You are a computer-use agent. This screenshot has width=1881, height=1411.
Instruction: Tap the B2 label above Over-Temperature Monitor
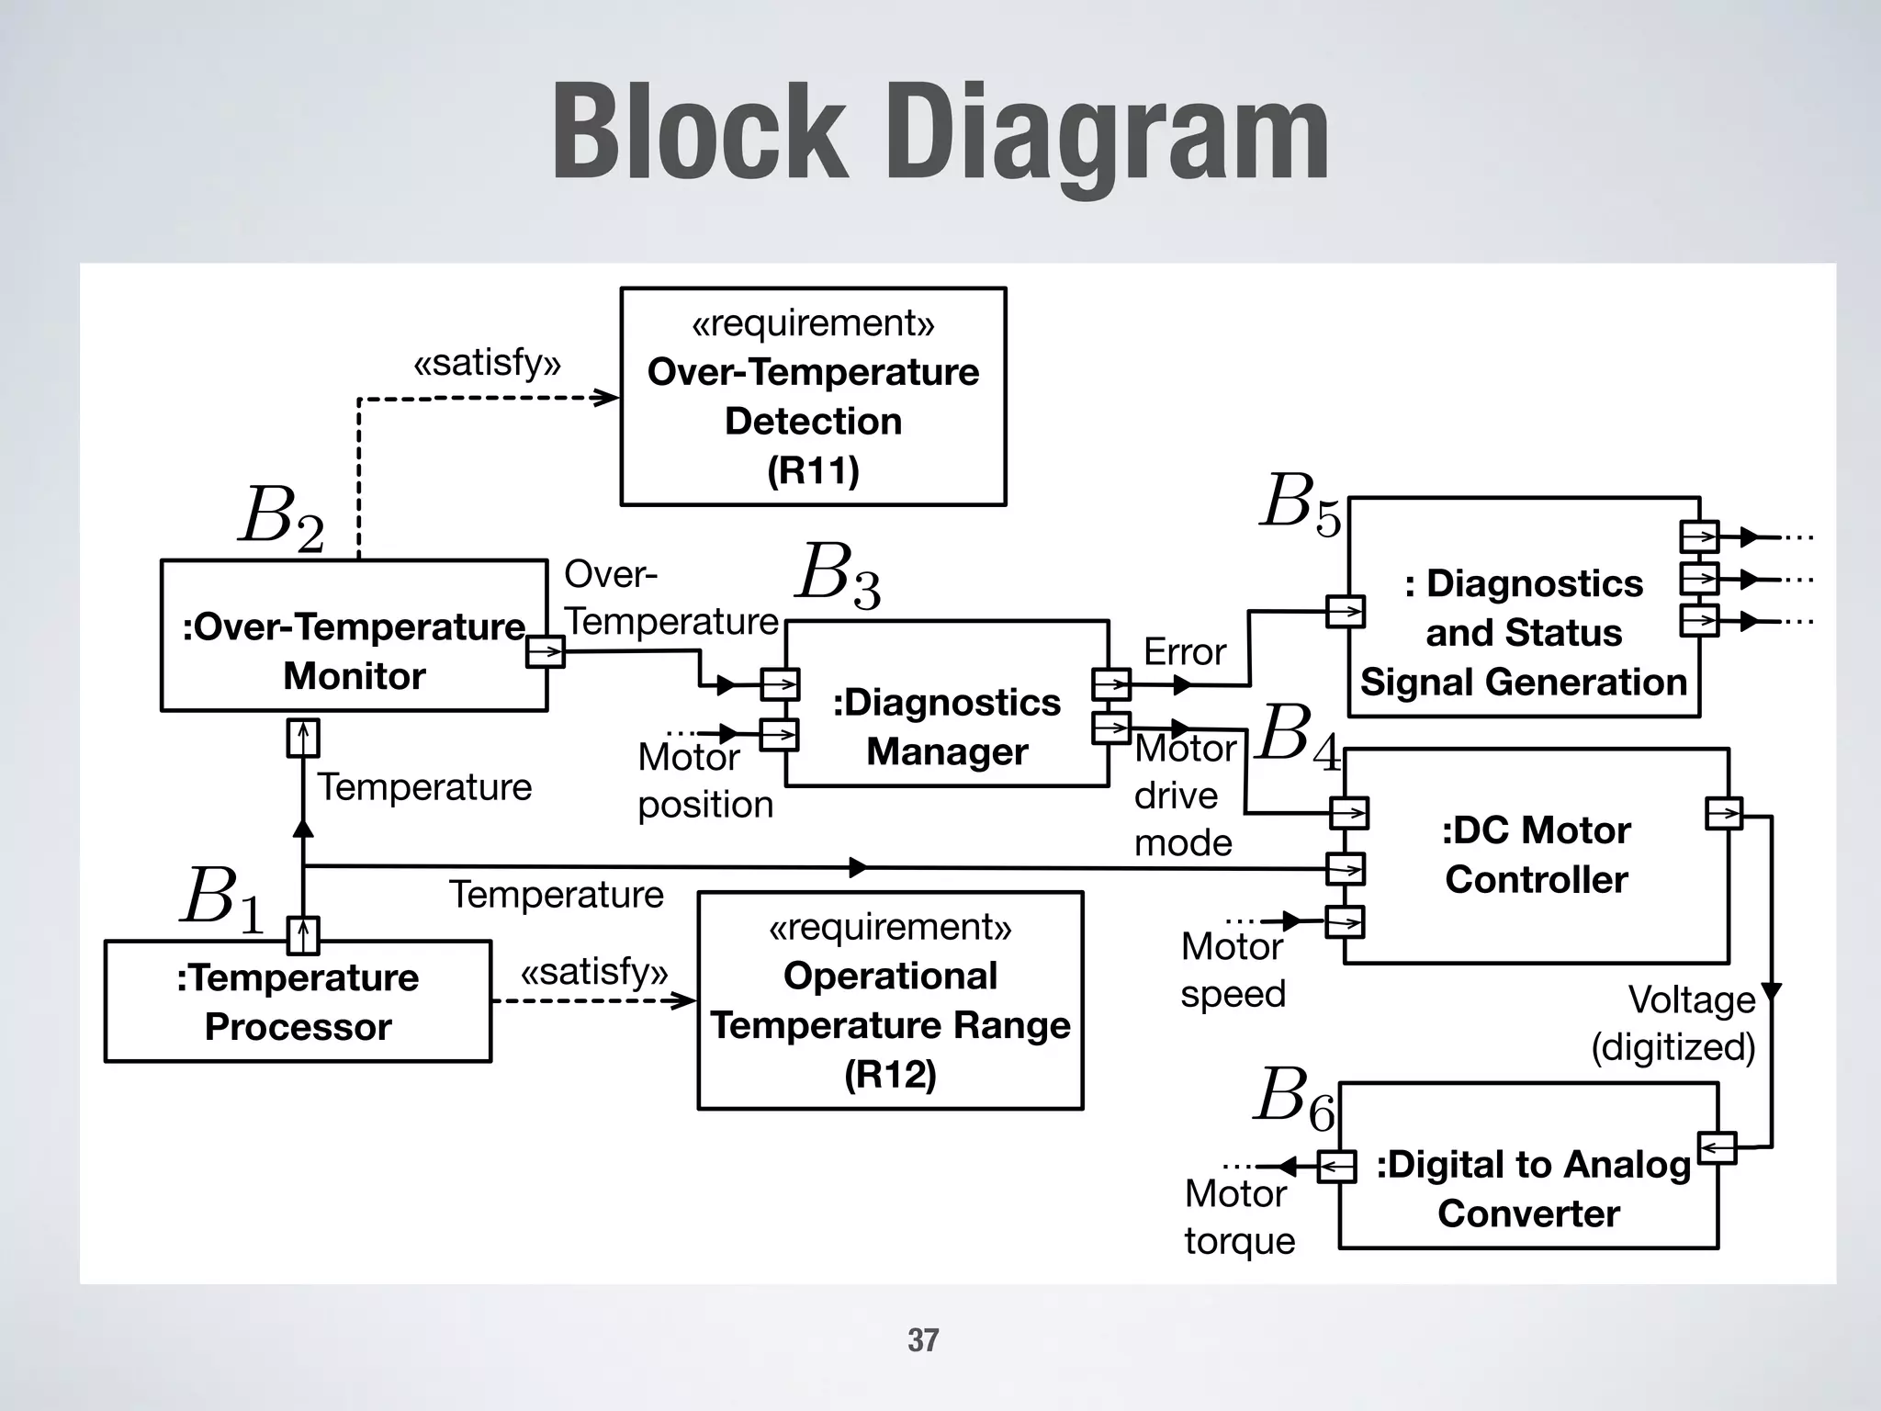tap(281, 518)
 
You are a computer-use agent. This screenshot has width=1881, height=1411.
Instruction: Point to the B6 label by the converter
tap(1294, 1099)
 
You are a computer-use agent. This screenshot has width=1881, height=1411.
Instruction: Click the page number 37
tap(923, 1340)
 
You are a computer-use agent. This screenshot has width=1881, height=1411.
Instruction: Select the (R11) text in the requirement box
tap(813, 471)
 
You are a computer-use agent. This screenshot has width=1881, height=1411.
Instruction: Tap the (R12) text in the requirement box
tap(890, 1074)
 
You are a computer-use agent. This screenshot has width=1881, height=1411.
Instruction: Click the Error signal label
tap(1184, 652)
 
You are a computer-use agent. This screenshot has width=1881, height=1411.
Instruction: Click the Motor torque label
tap(1239, 1217)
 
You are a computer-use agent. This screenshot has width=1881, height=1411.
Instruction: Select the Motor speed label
tap(1233, 970)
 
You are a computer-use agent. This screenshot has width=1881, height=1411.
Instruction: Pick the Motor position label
tap(704, 781)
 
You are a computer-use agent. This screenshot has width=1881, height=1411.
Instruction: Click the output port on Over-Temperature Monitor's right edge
tap(545, 652)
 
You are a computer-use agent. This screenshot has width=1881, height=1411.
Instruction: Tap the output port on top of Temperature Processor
tap(303, 935)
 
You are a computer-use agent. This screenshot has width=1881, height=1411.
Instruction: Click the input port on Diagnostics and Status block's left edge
tap(1346, 611)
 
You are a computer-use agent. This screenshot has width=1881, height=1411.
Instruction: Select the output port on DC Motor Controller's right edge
tap(1723, 813)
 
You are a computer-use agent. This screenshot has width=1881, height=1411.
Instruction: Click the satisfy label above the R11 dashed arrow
tap(487, 363)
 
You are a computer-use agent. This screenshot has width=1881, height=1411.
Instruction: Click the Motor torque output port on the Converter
tap(1337, 1167)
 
